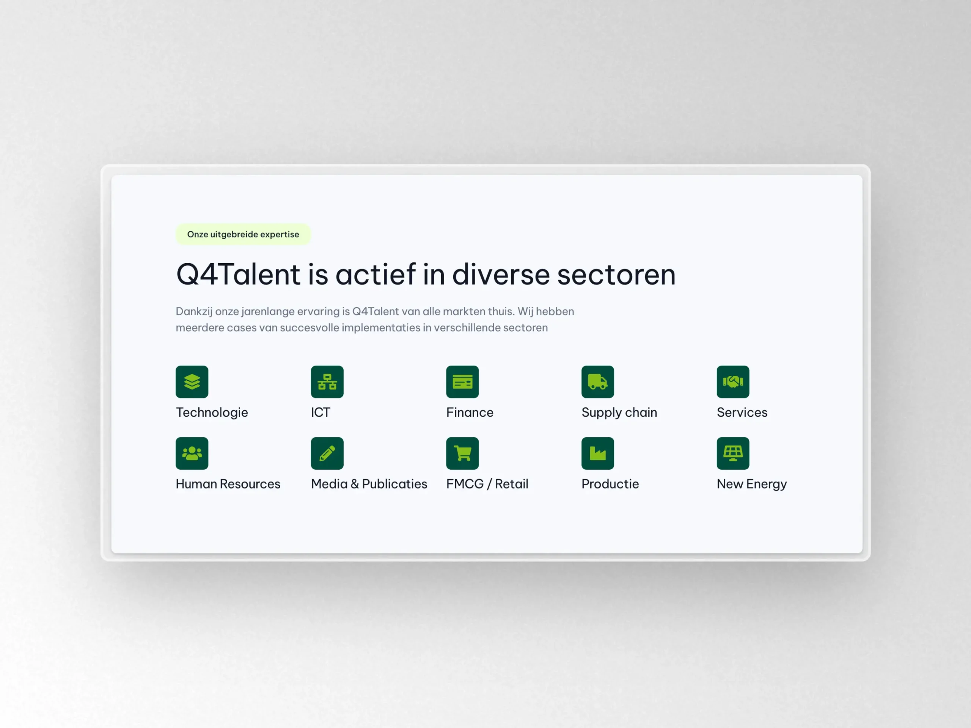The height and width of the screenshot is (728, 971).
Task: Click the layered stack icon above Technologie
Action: click(192, 382)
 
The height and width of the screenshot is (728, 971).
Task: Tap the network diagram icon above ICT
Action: click(327, 382)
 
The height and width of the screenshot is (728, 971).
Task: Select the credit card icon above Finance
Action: click(462, 382)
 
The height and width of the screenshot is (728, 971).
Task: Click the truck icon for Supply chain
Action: click(597, 382)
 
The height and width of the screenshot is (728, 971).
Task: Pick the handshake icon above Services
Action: click(733, 382)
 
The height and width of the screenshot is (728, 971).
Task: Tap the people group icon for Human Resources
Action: click(192, 453)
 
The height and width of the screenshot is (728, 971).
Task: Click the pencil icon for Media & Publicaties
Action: click(327, 453)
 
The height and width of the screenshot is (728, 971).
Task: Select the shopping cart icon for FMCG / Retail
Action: click(462, 453)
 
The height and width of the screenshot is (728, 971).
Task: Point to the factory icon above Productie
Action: click(597, 453)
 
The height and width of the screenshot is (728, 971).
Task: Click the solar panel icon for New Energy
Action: click(733, 453)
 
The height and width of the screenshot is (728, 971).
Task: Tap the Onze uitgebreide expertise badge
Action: click(243, 234)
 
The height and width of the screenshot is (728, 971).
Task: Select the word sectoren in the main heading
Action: click(616, 275)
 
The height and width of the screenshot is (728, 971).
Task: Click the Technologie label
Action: click(212, 413)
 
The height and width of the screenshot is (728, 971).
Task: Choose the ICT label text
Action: click(321, 413)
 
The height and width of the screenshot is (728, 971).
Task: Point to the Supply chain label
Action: click(619, 413)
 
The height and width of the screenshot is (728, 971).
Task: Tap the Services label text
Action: click(742, 413)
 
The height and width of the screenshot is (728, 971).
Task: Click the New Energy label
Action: click(751, 484)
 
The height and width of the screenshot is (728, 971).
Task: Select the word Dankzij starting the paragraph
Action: click(194, 312)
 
